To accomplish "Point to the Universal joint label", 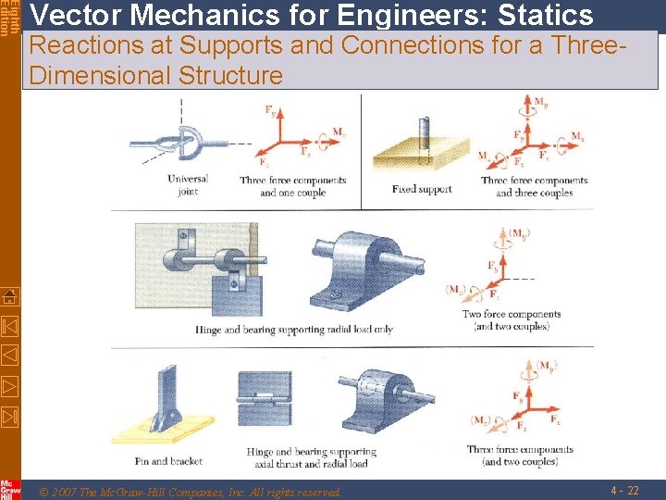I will tap(188, 185).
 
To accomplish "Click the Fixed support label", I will tap(422, 189).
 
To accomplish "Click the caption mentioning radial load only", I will tap(293, 330).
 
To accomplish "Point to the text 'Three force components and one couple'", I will tap(292, 186).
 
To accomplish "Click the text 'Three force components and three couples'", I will tap(535, 186).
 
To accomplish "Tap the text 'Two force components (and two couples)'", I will tap(512, 320).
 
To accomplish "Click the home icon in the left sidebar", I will tap(9, 297).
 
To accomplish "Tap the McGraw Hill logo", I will tap(10, 490).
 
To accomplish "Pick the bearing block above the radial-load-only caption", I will tap(362, 263).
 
